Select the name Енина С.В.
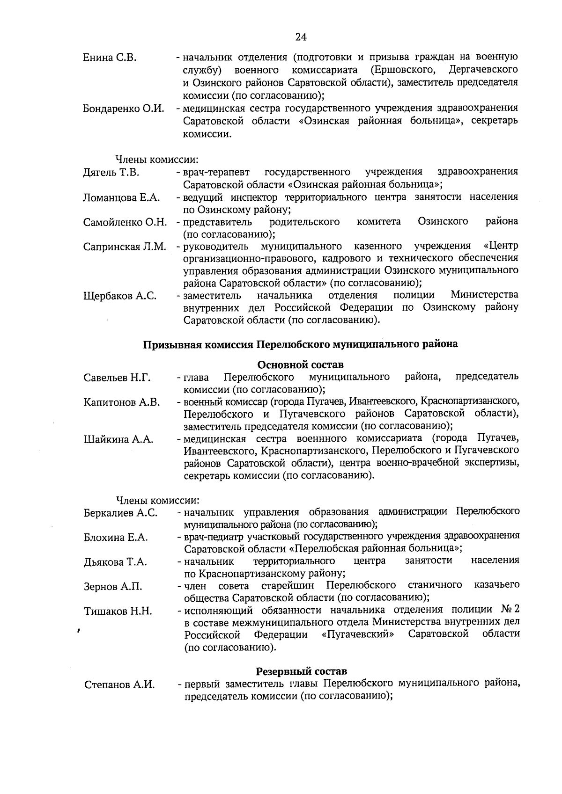click(110, 58)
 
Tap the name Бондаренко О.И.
click(124, 109)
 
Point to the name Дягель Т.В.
click(111, 173)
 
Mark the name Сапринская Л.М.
click(125, 247)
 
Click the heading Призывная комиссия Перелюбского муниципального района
click(300, 344)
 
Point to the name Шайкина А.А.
click(118, 439)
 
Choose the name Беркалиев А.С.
click(121, 513)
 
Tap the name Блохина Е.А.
click(116, 538)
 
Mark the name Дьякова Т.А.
click(115, 562)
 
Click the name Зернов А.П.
click(113, 586)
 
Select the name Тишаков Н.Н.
click(118, 611)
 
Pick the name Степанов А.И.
click(119, 685)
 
